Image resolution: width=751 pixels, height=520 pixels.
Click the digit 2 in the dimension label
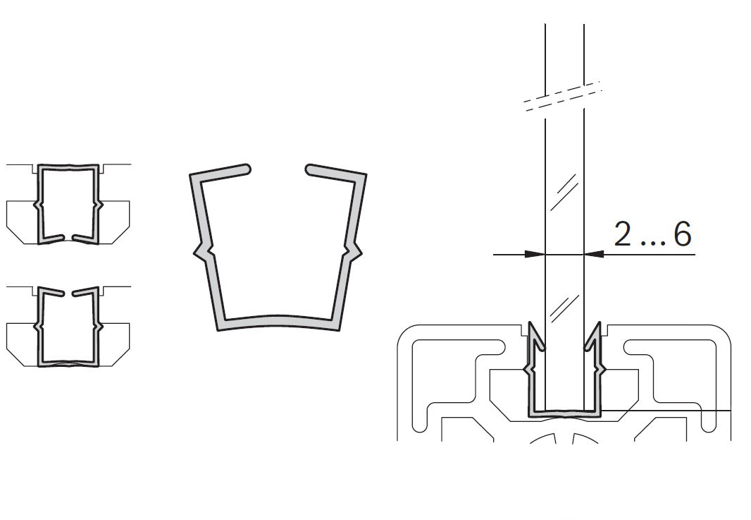[622, 234]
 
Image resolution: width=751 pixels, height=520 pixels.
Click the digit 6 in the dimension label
[683, 234]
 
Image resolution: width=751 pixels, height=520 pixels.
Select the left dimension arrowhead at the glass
[535, 254]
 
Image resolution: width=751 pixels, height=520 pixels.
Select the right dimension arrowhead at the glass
[594, 254]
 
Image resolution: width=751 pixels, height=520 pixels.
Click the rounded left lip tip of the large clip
[245, 169]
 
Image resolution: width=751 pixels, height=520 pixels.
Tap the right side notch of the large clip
[354, 251]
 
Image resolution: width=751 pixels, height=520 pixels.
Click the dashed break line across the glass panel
[561, 97]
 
